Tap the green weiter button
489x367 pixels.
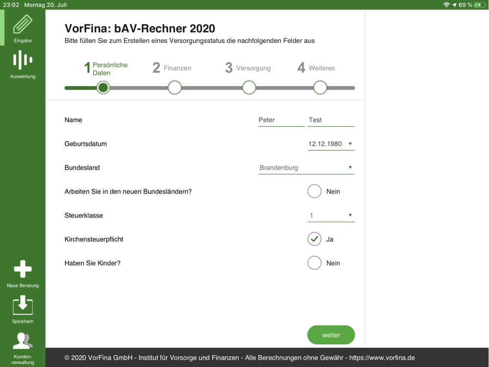(x=331, y=335)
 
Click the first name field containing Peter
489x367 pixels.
(x=281, y=120)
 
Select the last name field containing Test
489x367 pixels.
(x=331, y=120)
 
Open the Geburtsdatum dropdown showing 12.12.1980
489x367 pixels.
(x=331, y=144)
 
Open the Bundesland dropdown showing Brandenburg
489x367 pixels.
(x=306, y=168)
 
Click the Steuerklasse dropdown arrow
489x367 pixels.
(x=350, y=215)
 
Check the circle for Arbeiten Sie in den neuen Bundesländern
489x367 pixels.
(x=314, y=191)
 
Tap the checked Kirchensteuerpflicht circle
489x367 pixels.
(x=314, y=239)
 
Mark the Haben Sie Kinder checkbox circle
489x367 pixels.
(x=314, y=263)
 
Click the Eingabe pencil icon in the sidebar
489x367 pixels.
(x=23, y=23)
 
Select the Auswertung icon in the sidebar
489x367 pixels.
(x=23, y=60)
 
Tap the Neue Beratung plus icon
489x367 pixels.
(x=23, y=269)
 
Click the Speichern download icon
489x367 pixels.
(x=23, y=305)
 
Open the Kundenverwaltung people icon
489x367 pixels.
(x=22, y=341)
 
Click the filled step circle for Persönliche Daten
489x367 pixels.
(x=103, y=88)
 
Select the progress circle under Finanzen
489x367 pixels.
(x=175, y=88)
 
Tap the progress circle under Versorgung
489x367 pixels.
(x=249, y=88)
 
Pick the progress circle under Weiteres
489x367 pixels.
(x=320, y=88)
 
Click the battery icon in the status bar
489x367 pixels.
(x=479, y=5)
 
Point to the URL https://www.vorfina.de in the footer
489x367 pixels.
(x=382, y=358)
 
